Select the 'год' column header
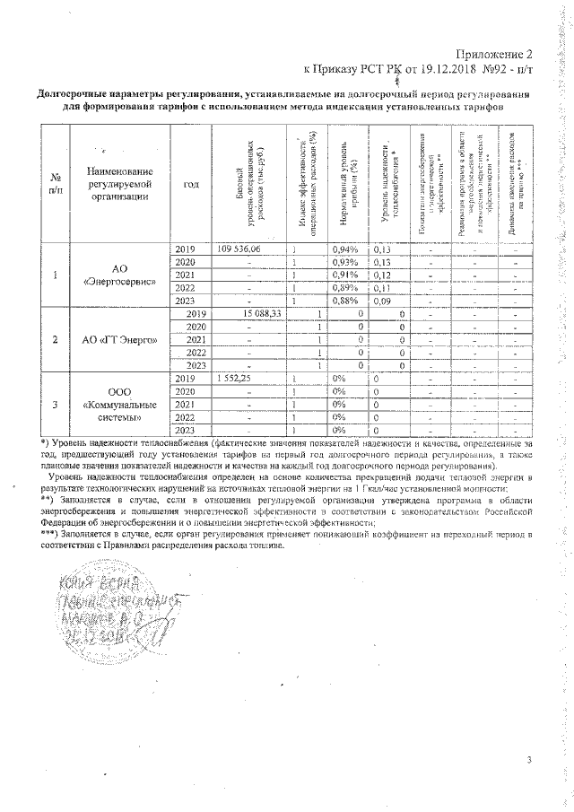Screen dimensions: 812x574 (x=190, y=185)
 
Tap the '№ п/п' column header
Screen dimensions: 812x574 (x=56, y=185)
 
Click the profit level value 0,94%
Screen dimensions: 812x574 (x=345, y=249)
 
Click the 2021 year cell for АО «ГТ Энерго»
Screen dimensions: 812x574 (x=196, y=340)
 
